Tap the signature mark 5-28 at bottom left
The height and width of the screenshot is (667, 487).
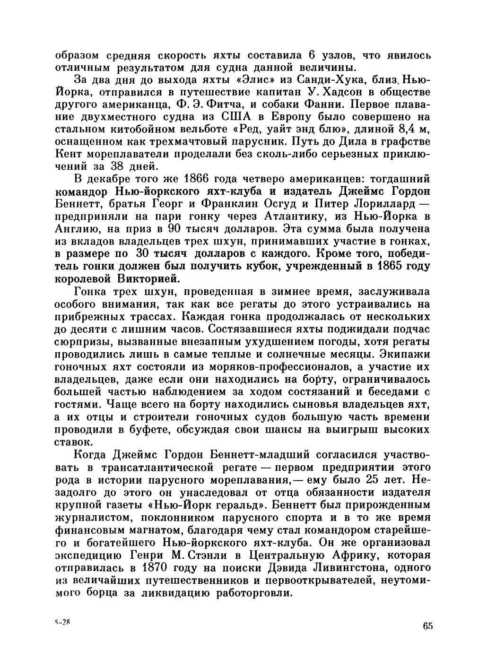[x=62, y=623]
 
